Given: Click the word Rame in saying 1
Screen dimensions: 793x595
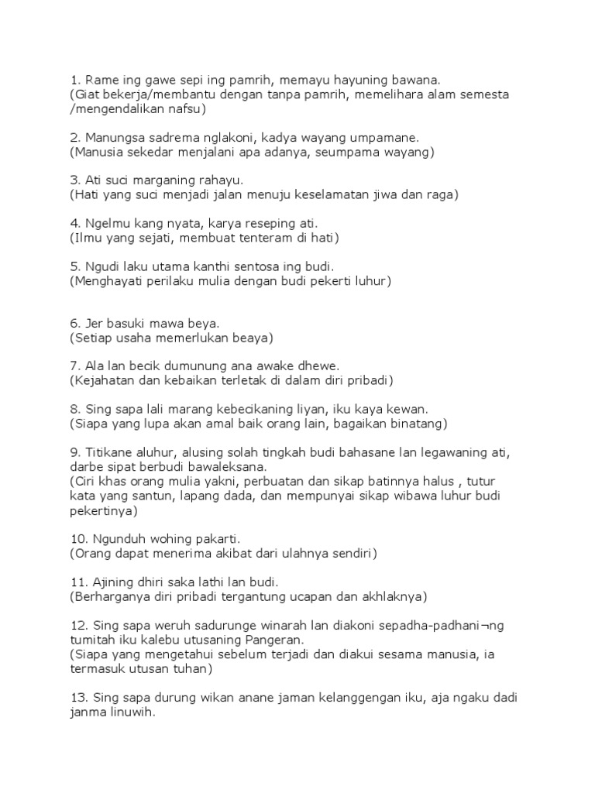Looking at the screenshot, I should click(x=101, y=79).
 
